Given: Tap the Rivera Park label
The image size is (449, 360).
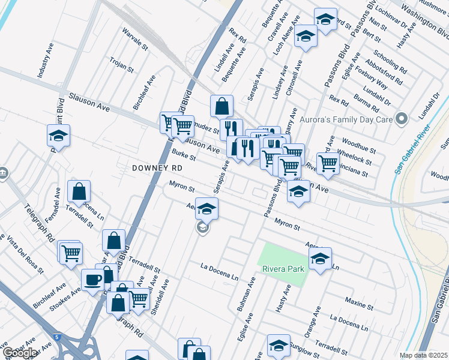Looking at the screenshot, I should (x=283, y=268).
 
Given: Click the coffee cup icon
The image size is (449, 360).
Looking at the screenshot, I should (x=93, y=280).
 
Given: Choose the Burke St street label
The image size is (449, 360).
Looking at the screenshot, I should (x=184, y=155).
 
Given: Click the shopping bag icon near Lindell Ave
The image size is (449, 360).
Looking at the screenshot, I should (x=221, y=106).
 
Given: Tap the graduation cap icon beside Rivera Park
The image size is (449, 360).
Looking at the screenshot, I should (x=320, y=259).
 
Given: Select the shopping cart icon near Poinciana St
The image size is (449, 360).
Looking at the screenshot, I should (x=328, y=163).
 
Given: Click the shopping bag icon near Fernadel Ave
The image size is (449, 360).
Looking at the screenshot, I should (x=79, y=191).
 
